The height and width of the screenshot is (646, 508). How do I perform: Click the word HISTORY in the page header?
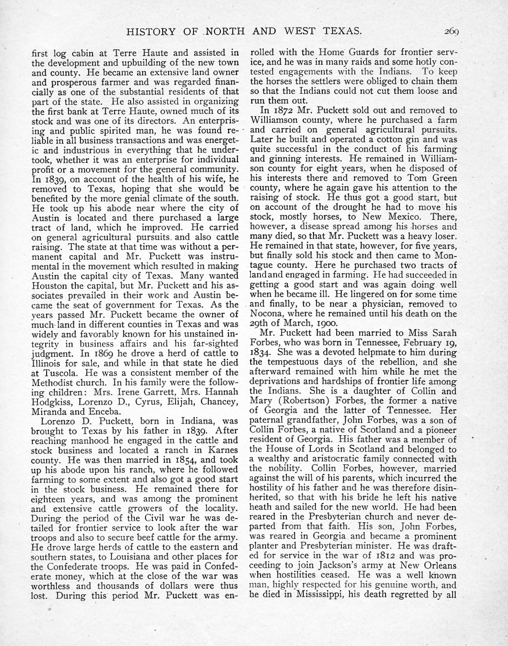pos(151,32)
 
